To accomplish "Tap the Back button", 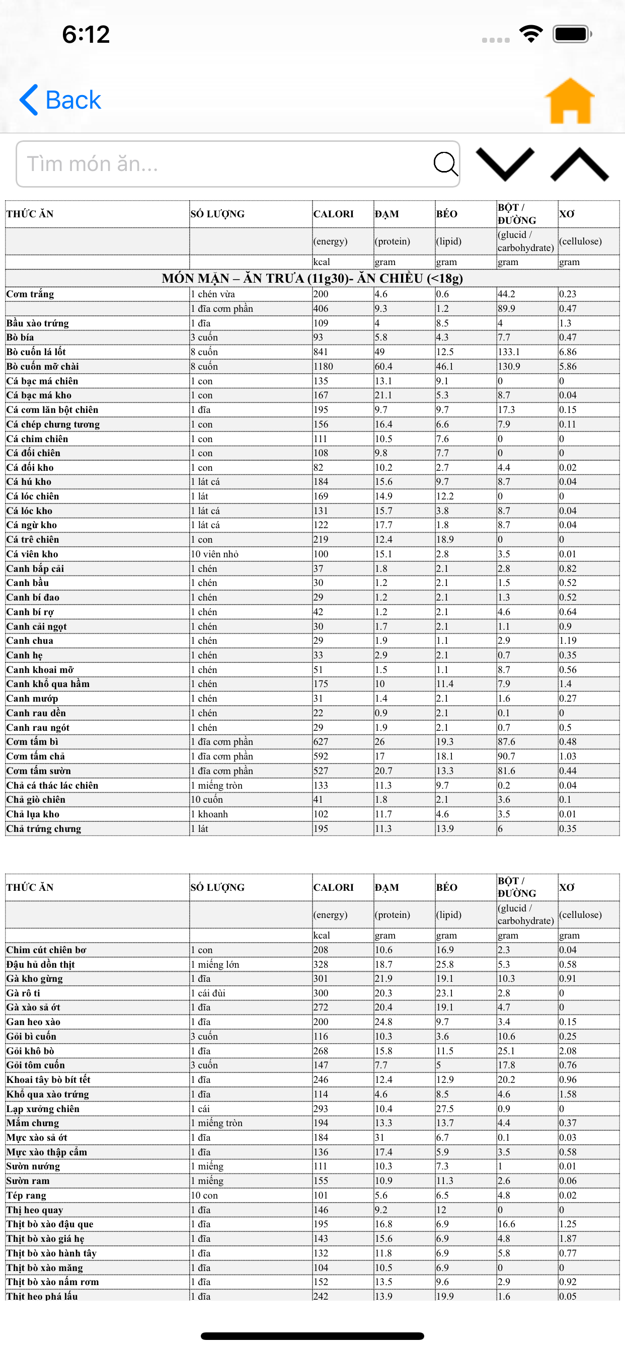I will (x=60, y=100).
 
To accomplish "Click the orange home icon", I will (x=569, y=101).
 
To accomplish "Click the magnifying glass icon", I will (x=445, y=164).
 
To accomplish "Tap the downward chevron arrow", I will (x=505, y=163).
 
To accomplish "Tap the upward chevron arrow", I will (x=579, y=163).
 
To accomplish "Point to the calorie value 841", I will (x=321, y=352).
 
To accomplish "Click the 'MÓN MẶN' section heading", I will (x=312, y=278).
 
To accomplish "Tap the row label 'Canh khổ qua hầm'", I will (x=48, y=684).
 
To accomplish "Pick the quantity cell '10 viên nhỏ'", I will (x=214, y=554).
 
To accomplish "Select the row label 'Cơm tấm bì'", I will (x=33, y=741).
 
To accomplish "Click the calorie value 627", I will (x=321, y=741).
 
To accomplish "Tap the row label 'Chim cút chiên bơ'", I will (x=46, y=950).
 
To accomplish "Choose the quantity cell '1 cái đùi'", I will (x=208, y=993).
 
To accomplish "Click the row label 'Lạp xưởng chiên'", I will (x=43, y=1109).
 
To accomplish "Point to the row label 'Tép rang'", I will (x=26, y=1195).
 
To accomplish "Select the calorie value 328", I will (x=321, y=964).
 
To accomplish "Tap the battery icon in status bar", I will (x=572, y=34).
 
